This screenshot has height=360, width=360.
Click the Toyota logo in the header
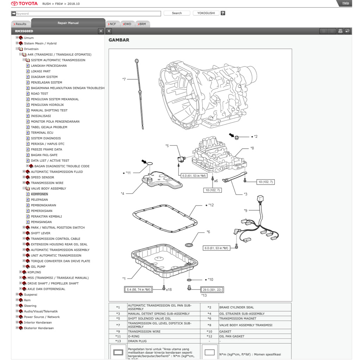click(x=24, y=4)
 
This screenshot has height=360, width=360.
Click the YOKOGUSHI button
click(x=206, y=13)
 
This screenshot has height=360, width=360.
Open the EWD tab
click(x=127, y=24)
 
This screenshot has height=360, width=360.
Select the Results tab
click(x=20, y=24)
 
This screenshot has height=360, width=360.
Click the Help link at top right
click(x=346, y=3)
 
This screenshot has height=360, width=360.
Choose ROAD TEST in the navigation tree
click(x=39, y=94)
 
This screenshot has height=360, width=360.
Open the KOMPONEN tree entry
click(x=39, y=194)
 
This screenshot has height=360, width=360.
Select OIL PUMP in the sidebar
click(x=38, y=266)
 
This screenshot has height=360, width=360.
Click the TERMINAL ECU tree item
click(x=42, y=133)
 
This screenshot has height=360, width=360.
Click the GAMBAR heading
click(x=119, y=40)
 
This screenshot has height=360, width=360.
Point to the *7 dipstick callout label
click(x=124, y=79)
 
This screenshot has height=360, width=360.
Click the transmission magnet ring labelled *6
click(x=189, y=244)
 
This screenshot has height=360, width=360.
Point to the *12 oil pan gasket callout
click(x=211, y=205)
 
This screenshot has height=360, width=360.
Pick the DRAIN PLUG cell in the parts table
click(x=137, y=341)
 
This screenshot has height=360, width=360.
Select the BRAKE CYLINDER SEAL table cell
click(x=236, y=307)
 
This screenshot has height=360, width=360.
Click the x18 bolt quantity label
click(x=169, y=289)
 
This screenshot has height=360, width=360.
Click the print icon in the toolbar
click(x=340, y=31)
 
